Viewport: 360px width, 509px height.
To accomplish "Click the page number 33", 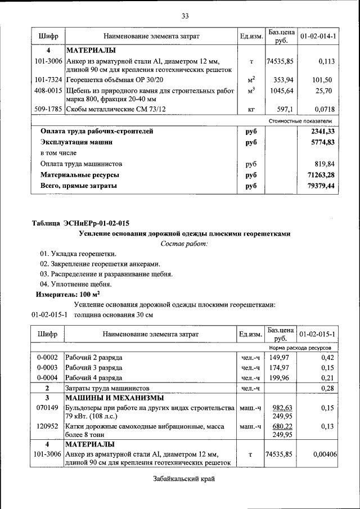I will [x=184, y=15].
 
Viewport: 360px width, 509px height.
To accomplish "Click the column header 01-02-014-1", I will [x=318, y=36].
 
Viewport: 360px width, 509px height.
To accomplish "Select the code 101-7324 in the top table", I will [x=48, y=79].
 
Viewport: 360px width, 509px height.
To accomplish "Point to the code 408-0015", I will [x=48, y=90].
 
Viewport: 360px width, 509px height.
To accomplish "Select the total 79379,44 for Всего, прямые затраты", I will [x=318, y=185].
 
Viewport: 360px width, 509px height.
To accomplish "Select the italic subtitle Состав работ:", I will [x=184, y=243].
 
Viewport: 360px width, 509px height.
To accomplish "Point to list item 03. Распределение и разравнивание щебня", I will [x=106, y=274].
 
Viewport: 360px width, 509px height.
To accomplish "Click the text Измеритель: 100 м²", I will [x=68, y=294].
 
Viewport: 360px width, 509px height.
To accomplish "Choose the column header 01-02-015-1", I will [x=318, y=334].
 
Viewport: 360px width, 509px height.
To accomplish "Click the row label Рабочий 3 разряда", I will [x=94, y=367].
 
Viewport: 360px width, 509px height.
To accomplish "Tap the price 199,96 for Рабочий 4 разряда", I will [x=279, y=377].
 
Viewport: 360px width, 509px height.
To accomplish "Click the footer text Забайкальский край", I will [x=184, y=479].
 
